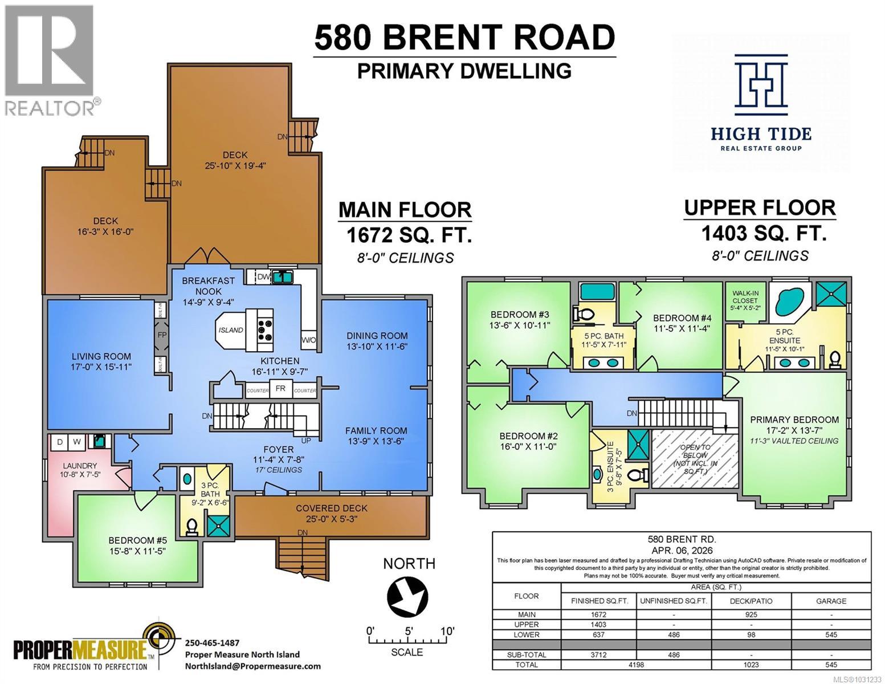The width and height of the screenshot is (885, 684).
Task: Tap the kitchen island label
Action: coord(231,330)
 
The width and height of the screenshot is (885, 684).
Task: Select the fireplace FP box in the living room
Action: coord(162,335)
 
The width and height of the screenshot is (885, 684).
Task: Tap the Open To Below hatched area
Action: coord(694,459)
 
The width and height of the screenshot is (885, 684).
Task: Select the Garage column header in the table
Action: coord(831,601)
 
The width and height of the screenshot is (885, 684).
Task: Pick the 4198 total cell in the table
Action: coord(636,664)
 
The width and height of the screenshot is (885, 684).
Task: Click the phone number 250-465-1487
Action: coord(212,642)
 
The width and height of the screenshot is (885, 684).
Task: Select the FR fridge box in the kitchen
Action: coord(280,389)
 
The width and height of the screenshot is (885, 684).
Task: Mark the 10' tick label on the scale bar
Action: coord(447,631)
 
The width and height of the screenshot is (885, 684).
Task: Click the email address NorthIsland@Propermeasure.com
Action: coord(252,666)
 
